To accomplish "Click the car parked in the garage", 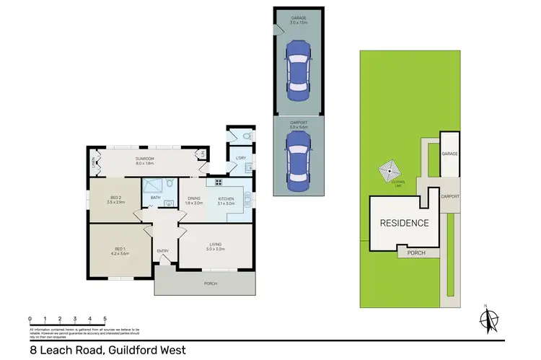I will click(298, 69).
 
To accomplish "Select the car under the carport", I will click(298, 164).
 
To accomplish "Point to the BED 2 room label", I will click(115, 200).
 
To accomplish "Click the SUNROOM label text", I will click(145, 161).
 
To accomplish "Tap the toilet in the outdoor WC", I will click(246, 135).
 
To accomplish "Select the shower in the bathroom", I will click(152, 185).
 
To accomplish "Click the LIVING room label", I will click(216, 245).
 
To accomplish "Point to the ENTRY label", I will click(162, 250).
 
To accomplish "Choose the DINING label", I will click(194, 200).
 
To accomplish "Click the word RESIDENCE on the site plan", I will click(404, 223).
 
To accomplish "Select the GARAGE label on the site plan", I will click(449, 154).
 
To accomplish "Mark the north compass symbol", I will click(488, 317).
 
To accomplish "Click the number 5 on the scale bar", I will click(105, 318).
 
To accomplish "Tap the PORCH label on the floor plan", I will click(210, 284).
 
